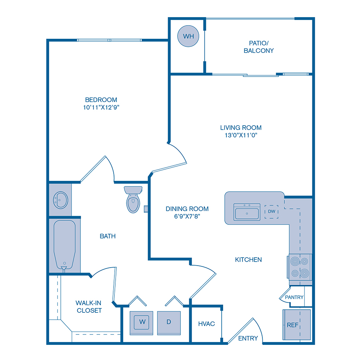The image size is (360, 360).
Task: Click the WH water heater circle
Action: pos(188,36)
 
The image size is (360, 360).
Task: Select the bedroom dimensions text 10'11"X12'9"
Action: pos(101,107)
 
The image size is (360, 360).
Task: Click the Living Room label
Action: pos(241,128)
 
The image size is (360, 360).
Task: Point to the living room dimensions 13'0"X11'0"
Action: pos(241,135)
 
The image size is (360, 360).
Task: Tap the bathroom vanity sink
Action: pos(60,199)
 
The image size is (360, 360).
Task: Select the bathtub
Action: pos(64,245)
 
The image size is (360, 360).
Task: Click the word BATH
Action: pos(108,236)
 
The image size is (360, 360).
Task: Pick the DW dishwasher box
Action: pos(272,211)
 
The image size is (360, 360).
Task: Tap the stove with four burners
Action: pos(299,267)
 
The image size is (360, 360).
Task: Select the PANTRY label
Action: pos(294,297)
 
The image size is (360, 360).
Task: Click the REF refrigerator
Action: pos(293,325)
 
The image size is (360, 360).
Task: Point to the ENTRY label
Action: pos(248,338)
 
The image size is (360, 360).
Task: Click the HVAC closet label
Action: pos(206,323)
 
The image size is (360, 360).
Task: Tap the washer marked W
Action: pos(141,321)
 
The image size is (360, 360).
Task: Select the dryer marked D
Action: pos(168,321)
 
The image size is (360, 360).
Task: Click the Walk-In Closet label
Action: pos(88,306)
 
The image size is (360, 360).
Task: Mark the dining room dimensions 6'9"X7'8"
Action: pos(187,216)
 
